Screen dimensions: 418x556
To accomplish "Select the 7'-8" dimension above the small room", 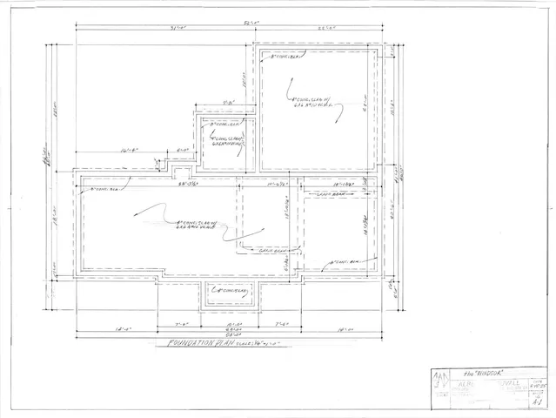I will pyautogui.click(x=229, y=104).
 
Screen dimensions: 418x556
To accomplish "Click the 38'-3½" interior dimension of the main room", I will pyautogui.click(x=187, y=185).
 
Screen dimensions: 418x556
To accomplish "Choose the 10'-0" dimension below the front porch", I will pyautogui.click(x=230, y=323).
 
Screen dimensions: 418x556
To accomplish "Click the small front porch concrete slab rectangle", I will pyautogui.click(x=231, y=292).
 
